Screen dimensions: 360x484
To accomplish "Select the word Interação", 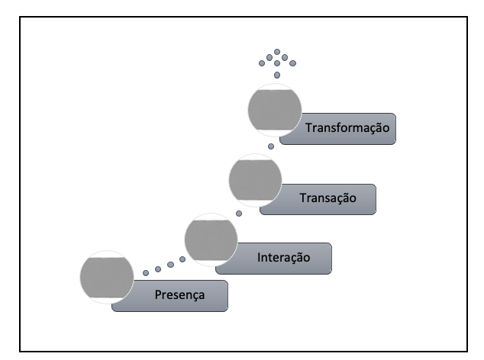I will [x=283, y=258].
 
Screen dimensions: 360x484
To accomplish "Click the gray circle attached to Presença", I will [x=107, y=278].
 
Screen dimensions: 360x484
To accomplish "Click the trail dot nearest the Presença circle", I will [x=146, y=272].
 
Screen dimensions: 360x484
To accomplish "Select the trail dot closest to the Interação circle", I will [x=182, y=260].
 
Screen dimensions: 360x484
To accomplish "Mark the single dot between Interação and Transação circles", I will [x=238, y=213].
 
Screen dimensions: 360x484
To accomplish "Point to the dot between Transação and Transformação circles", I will [x=270, y=146].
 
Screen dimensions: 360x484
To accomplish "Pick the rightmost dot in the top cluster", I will [x=292, y=63].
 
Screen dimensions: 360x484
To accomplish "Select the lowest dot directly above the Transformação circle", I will [x=277, y=76].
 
